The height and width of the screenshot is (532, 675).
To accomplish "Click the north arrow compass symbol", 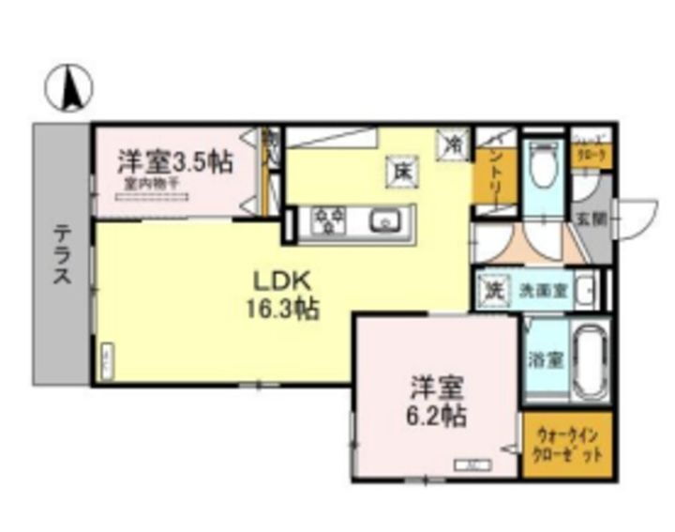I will pyautogui.click(x=69, y=89).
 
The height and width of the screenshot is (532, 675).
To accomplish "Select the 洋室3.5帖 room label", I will pyautogui.click(x=174, y=161).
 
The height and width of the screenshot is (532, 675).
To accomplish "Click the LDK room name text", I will pyautogui.click(x=278, y=280).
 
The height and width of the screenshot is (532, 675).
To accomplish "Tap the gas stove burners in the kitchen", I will pyautogui.click(x=330, y=220).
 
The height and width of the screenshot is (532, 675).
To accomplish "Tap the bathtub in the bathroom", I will pyautogui.click(x=587, y=361).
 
